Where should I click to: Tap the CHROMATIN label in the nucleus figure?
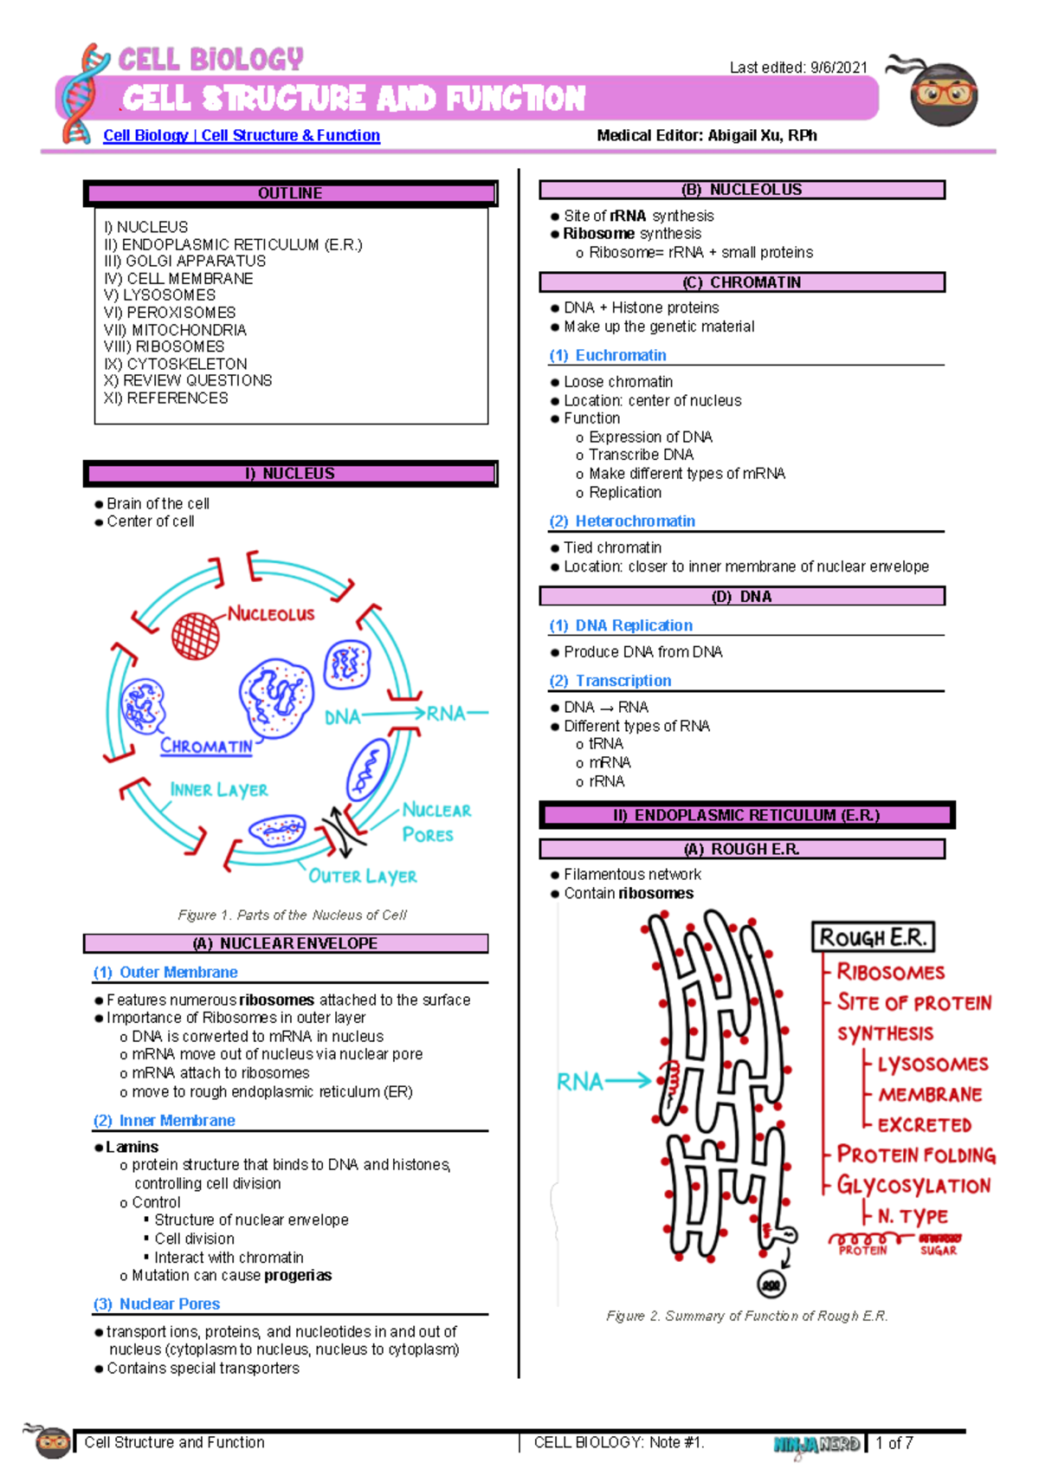click(206, 746)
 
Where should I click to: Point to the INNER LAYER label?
click(219, 790)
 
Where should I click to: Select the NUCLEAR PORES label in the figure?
click(436, 822)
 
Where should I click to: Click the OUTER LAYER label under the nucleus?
click(363, 877)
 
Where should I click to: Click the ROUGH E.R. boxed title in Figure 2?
click(873, 937)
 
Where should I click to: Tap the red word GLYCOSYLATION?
click(913, 1186)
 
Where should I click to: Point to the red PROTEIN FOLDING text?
click(915, 1155)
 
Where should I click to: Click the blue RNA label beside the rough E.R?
click(580, 1082)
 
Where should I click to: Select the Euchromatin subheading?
click(620, 355)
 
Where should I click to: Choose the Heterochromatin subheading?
click(635, 521)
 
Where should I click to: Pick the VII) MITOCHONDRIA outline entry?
click(175, 330)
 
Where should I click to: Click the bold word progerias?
click(298, 1275)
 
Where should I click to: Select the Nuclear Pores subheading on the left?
click(169, 1304)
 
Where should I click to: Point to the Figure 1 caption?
click(292, 915)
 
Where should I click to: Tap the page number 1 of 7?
click(894, 1442)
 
